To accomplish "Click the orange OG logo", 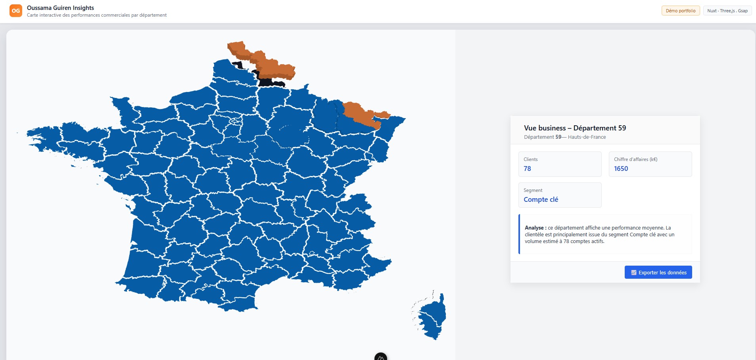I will (x=16, y=11).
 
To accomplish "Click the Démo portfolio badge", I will (x=680, y=11).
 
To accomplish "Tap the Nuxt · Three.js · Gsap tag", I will (x=727, y=11).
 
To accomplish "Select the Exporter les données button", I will (x=658, y=272).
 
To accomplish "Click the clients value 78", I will (x=527, y=169).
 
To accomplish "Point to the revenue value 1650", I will (x=621, y=169).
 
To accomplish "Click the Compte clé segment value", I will (x=541, y=199).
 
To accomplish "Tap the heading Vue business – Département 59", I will (x=575, y=128).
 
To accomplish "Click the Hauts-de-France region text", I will (x=587, y=137).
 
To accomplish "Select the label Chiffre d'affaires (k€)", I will (x=635, y=159).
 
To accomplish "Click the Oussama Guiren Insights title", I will (x=60, y=8).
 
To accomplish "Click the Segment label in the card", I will (x=533, y=190).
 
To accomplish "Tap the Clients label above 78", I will (x=530, y=159).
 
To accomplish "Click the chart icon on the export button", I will (x=633, y=272).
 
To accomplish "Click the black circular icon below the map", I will (x=380, y=357).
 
